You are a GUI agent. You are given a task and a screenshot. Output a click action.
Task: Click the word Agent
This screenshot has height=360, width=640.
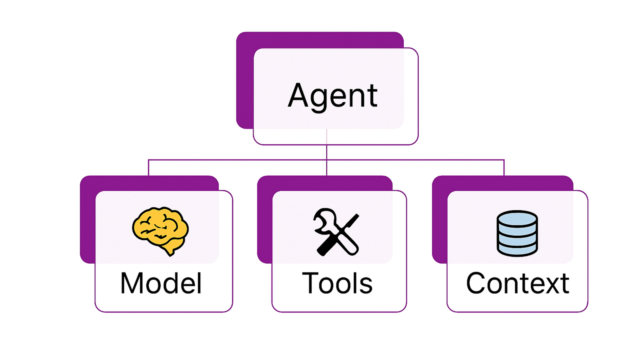(x=332, y=96)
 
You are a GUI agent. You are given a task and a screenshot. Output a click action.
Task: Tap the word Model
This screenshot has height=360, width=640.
(x=161, y=283)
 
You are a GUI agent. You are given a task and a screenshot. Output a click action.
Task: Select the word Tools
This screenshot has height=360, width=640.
(x=337, y=283)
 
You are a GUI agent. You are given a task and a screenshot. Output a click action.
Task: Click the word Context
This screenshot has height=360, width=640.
(x=517, y=283)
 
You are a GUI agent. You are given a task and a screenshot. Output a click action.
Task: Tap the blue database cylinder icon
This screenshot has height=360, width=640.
(x=517, y=233)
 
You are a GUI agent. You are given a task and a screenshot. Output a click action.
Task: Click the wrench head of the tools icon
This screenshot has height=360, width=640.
(x=323, y=219)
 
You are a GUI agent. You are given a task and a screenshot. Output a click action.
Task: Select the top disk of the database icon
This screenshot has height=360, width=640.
(x=517, y=219)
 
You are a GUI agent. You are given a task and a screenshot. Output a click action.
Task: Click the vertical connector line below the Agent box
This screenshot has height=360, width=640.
(x=327, y=152)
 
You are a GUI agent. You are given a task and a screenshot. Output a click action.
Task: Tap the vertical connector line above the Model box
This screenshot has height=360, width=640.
(x=148, y=168)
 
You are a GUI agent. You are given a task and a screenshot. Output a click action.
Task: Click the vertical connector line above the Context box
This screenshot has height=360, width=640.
(x=504, y=168)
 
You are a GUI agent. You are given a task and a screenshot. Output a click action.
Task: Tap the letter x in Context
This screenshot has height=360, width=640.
(x=550, y=285)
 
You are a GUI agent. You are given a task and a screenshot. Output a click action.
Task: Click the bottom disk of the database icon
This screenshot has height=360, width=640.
(x=517, y=250)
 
